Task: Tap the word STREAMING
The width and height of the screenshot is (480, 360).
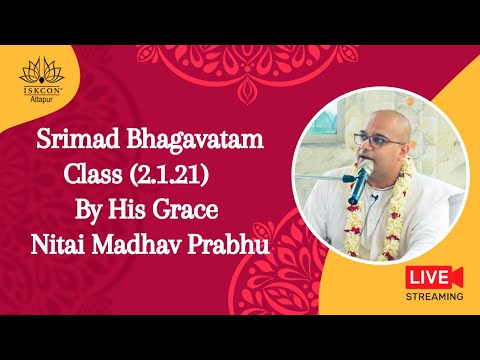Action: point(434,297)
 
